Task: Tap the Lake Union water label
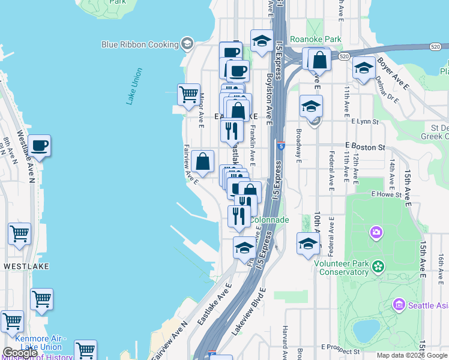click(x=134, y=86)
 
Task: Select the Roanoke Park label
click(x=315, y=39)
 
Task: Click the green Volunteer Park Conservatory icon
click(x=378, y=266)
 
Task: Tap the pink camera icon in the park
click(x=376, y=232)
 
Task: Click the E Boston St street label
click(x=364, y=147)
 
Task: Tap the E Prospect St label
click(x=340, y=347)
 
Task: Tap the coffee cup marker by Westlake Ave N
click(x=40, y=146)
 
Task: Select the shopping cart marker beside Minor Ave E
click(x=188, y=95)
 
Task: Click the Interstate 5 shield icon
click(x=281, y=145)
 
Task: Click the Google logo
click(x=20, y=353)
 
